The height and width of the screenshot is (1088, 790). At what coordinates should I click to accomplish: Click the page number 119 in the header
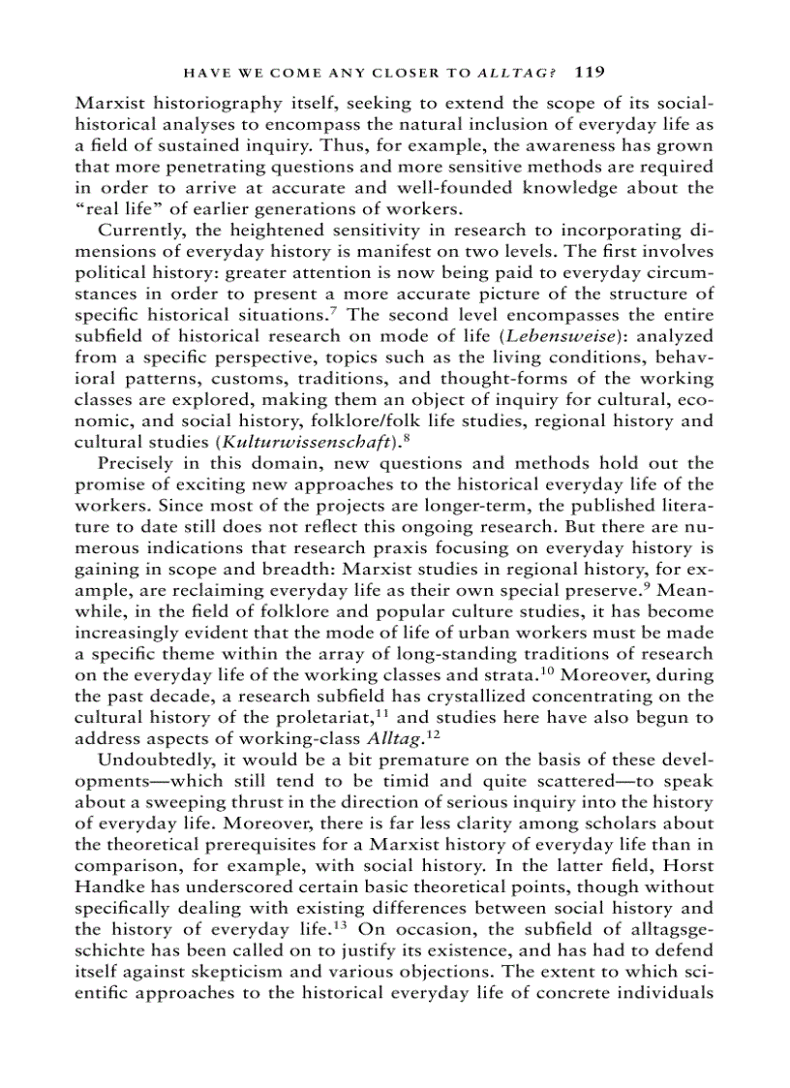coord(590,71)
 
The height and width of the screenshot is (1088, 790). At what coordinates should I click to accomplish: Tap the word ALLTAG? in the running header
coord(516,72)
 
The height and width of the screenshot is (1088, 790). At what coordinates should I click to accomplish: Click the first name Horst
coord(690,865)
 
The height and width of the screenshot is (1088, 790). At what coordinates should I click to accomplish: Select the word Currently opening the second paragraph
coord(138,230)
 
